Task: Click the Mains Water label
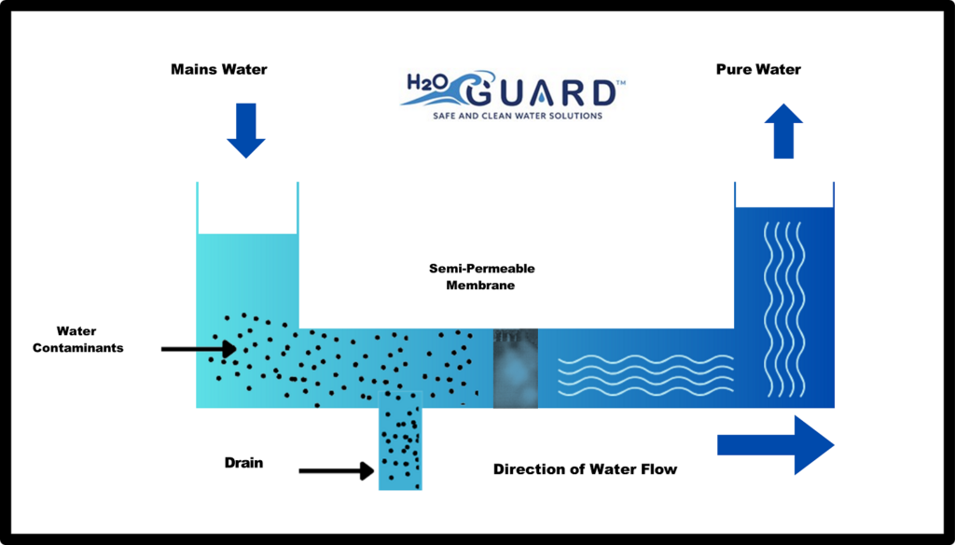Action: click(x=218, y=69)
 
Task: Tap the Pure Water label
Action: click(x=757, y=69)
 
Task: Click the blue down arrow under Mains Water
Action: click(x=246, y=133)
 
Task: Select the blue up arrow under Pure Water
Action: click(x=784, y=131)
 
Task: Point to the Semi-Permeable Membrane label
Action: click(x=481, y=276)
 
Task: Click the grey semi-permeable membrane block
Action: click(x=516, y=368)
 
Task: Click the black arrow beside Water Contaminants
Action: click(x=198, y=349)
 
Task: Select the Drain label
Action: click(x=243, y=462)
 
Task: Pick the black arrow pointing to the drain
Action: click(x=336, y=471)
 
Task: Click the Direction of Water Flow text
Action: click(x=585, y=468)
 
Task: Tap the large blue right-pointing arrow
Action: click(x=775, y=445)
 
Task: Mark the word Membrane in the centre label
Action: click(x=481, y=286)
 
